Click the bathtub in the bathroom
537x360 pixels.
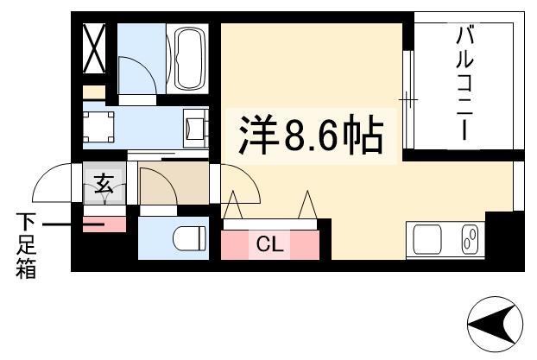click(x=187, y=58)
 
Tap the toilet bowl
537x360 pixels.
click(x=189, y=239)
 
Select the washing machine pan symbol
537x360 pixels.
click(x=98, y=127)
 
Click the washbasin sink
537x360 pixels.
click(x=196, y=129)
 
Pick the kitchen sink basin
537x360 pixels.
click(x=427, y=239)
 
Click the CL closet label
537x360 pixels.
click(x=270, y=244)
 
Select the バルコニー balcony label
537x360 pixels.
click(x=464, y=85)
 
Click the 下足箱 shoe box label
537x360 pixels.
click(x=26, y=245)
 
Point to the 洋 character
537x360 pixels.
click(x=258, y=135)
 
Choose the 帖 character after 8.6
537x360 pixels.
click(x=363, y=136)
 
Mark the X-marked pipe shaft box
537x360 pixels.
click(x=94, y=48)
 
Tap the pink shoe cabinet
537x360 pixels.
click(x=104, y=224)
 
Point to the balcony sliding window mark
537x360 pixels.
click(x=408, y=99)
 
